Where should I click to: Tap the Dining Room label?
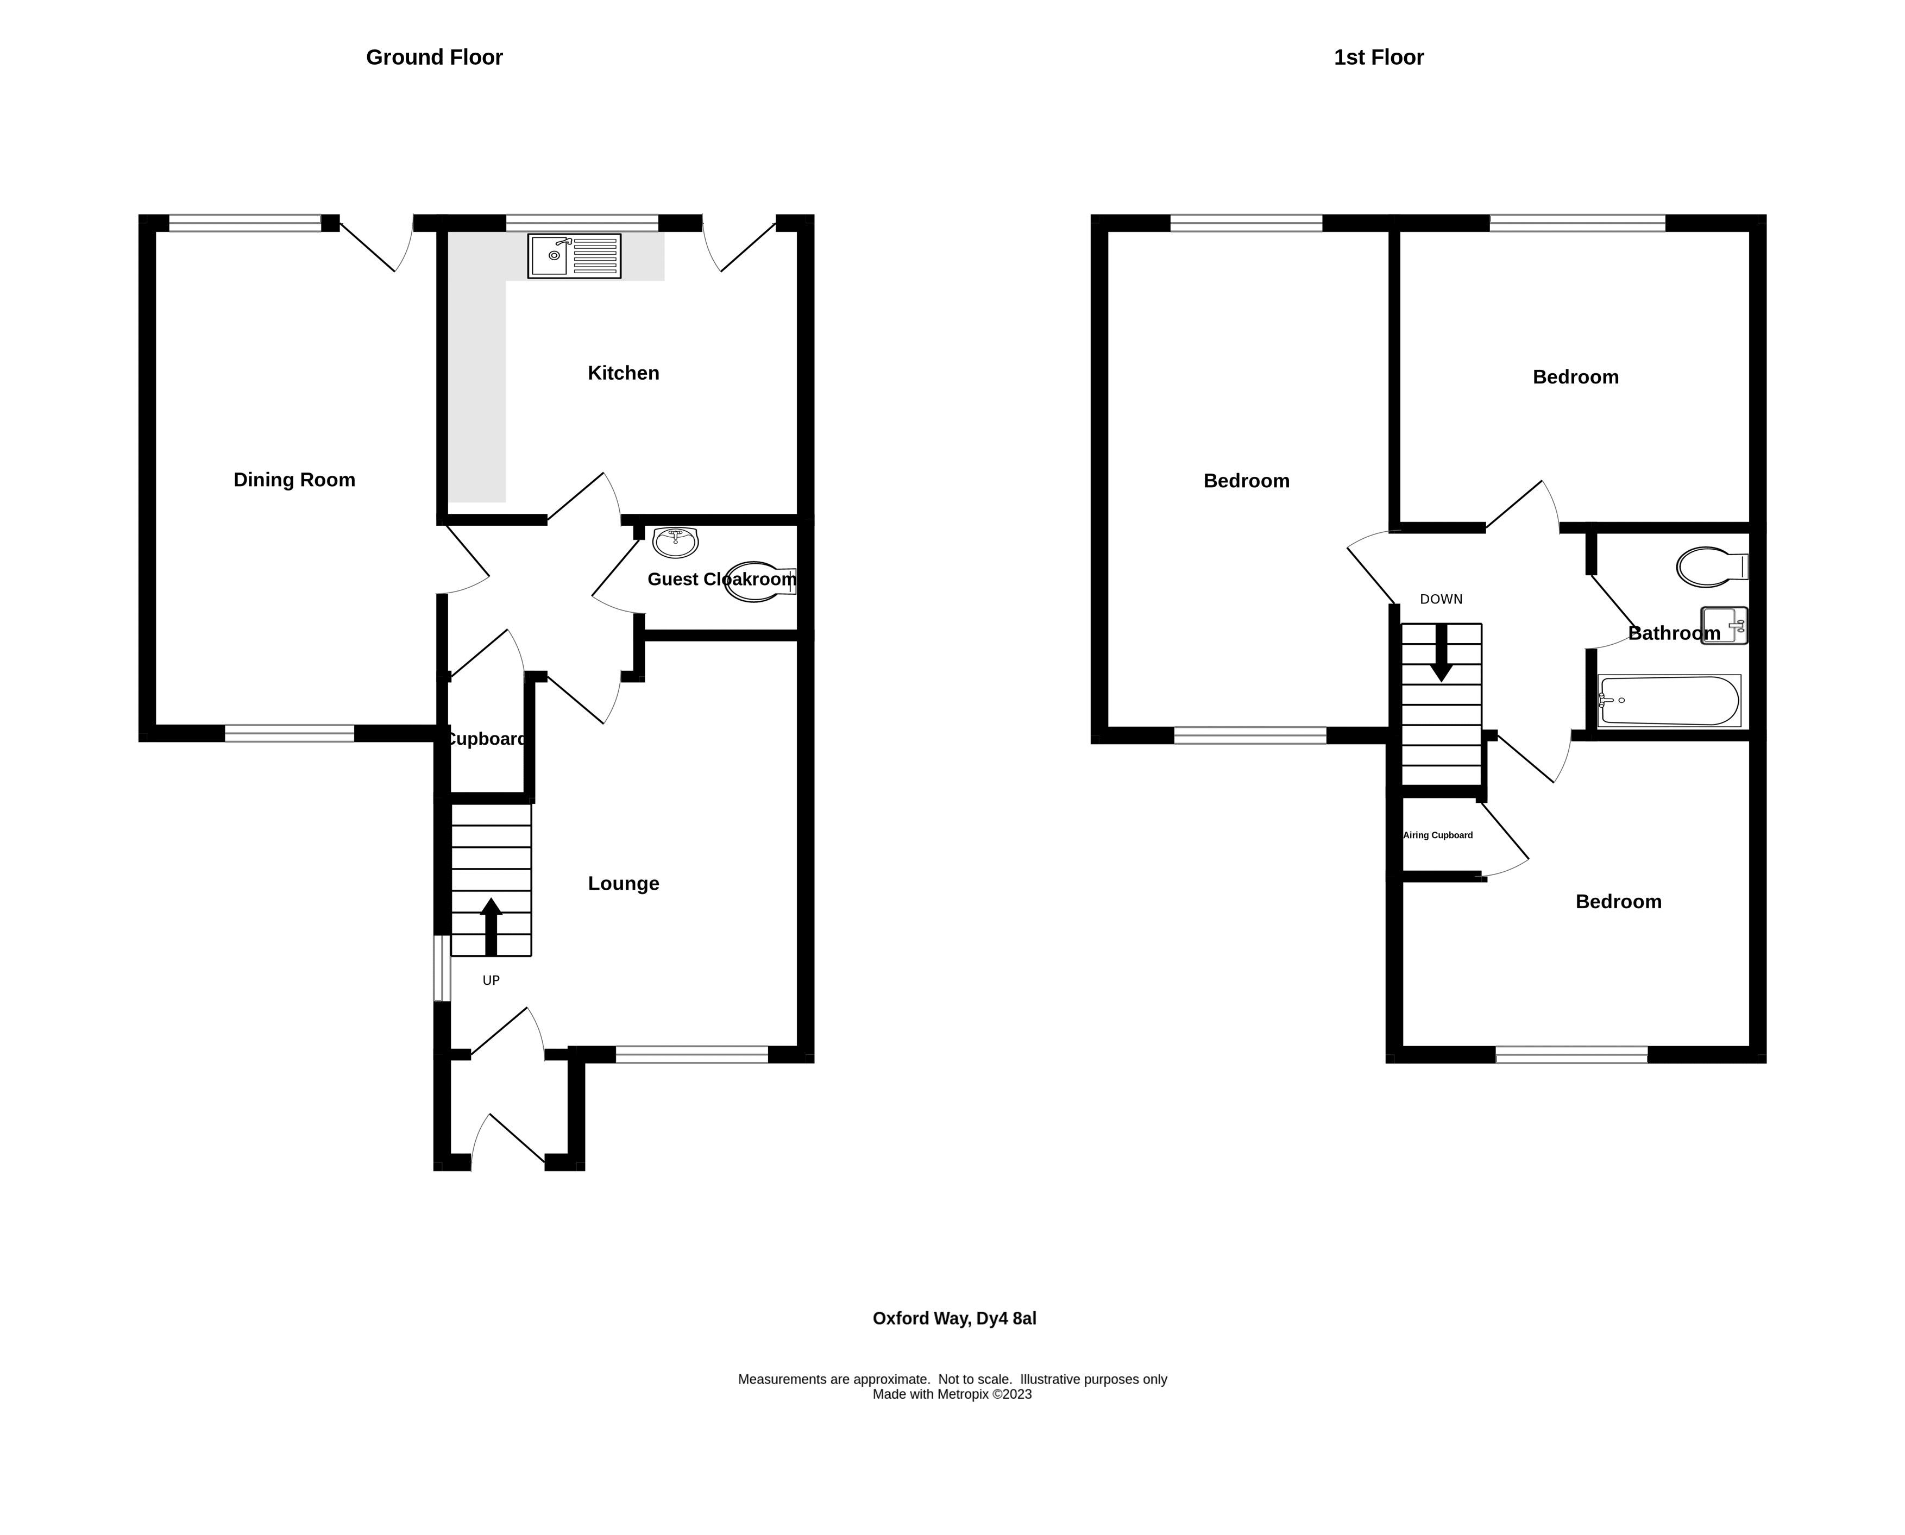click(x=294, y=480)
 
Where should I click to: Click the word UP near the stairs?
click(x=491, y=980)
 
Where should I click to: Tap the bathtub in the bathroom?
click(x=1668, y=701)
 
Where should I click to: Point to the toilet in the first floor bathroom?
click(x=1711, y=567)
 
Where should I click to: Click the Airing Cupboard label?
click(x=1437, y=835)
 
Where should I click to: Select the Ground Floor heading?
click(x=434, y=58)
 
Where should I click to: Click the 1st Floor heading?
click(x=1378, y=58)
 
